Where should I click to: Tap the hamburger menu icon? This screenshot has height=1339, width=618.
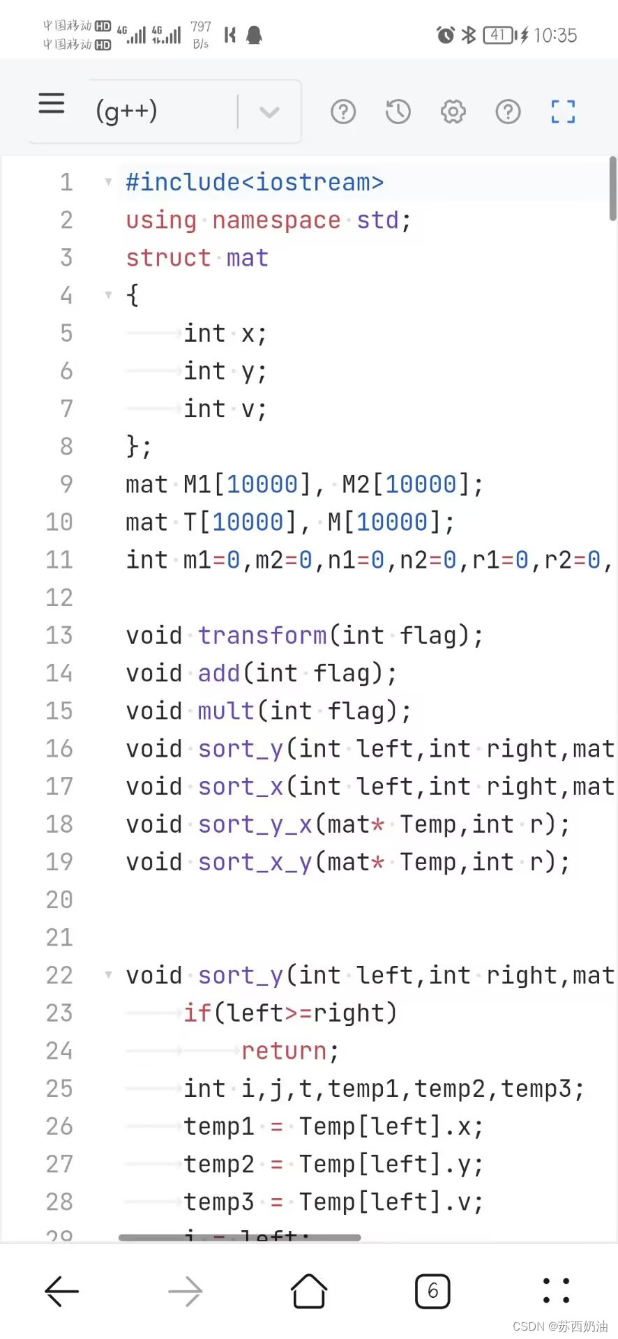point(52,104)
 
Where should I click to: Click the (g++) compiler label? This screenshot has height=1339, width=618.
point(126,112)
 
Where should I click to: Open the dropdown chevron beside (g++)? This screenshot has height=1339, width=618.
point(269,112)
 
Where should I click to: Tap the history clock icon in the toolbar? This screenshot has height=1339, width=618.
point(398,112)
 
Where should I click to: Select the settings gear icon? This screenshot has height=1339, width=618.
point(453,112)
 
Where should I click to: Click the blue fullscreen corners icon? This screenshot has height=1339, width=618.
point(563,112)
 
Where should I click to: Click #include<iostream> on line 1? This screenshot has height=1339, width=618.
point(255,183)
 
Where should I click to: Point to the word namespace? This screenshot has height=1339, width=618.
point(276,220)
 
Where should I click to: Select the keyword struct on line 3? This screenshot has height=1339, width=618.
point(168,258)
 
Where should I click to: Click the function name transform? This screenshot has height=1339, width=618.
point(262,635)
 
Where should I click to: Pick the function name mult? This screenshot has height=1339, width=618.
point(226,711)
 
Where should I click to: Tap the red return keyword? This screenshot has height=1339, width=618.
point(284,1050)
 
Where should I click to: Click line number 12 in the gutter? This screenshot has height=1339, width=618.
point(59,598)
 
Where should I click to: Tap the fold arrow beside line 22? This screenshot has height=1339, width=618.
point(108,974)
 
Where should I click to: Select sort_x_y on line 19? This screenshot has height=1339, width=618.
point(255,862)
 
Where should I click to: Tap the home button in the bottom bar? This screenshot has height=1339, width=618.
point(309,1292)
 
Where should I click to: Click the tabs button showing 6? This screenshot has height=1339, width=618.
point(432,1292)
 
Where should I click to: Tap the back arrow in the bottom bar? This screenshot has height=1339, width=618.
point(62,1292)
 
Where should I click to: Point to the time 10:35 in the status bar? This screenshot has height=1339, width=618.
point(555,36)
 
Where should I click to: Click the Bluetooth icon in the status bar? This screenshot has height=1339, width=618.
point(469,35)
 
